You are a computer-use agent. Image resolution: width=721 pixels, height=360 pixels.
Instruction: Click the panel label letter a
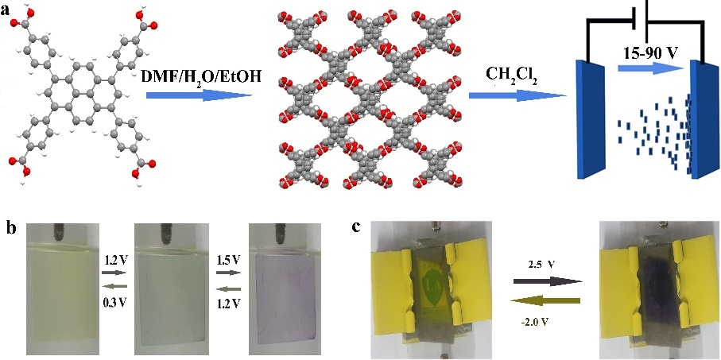click(x=6, y=10)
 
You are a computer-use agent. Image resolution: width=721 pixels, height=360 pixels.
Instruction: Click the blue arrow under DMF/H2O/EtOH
click(x=199, y=95)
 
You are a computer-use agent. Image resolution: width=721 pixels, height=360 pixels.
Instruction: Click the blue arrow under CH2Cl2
click(x=517, y=95)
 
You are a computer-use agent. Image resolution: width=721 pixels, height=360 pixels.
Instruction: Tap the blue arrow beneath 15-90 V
click(x=649, y=69)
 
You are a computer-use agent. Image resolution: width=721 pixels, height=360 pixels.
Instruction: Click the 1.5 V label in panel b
click(x=228, y=261)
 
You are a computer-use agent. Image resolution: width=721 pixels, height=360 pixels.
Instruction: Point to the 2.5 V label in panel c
click(x=546, y=265)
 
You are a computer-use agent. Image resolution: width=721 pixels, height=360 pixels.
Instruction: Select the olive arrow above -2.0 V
click(x=547, y=301)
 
